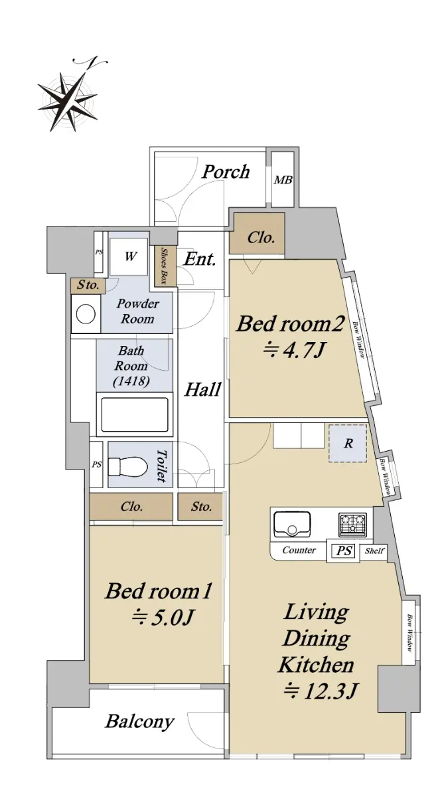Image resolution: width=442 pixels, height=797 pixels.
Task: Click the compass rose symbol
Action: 68,100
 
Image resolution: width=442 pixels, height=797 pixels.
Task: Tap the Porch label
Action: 226,172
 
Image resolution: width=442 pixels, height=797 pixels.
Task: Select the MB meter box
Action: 283,179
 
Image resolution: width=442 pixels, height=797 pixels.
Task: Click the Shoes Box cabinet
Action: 165,266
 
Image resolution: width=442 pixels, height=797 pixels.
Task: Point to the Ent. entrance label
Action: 200,260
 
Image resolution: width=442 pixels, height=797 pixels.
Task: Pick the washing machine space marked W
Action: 129,256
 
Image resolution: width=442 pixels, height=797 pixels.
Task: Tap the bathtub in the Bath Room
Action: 135,414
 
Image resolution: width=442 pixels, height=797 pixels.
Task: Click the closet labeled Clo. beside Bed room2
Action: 257,233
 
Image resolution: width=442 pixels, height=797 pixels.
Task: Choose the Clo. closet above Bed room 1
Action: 131,506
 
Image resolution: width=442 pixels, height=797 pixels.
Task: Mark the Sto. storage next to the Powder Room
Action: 88,286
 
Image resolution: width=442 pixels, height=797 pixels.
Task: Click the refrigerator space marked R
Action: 348,444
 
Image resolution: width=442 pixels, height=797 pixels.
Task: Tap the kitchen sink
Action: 292,525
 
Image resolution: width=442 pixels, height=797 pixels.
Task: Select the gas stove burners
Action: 352,525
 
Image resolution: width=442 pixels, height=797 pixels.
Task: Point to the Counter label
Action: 299,551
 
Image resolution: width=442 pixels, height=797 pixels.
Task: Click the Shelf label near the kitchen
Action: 374,551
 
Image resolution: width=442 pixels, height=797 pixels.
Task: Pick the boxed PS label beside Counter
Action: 344,551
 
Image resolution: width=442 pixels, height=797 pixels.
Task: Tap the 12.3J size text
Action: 320,691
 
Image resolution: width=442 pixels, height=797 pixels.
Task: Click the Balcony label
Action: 139,721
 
